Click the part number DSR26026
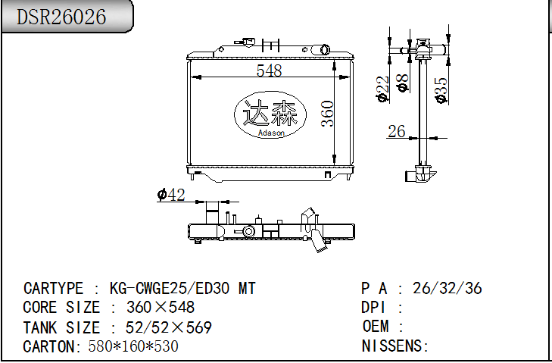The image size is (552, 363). pos(61,17)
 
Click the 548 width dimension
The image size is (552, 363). pos(269,70)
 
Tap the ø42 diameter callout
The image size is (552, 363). pos(171,195)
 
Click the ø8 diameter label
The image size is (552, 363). pos(404,83)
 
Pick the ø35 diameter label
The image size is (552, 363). pos(441,89)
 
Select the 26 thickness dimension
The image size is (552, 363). pos(397,132)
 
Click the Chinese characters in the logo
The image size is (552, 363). pos(270,114)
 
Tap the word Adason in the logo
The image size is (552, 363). pos(270,133)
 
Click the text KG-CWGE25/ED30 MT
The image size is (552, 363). pos(182,288)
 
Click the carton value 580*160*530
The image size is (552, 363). pos(133,346)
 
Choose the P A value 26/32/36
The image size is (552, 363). pos(447,288)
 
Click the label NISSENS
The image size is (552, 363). pos(395,346)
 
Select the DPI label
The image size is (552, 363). pos(375,308)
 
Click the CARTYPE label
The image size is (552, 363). pos(53,288)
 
